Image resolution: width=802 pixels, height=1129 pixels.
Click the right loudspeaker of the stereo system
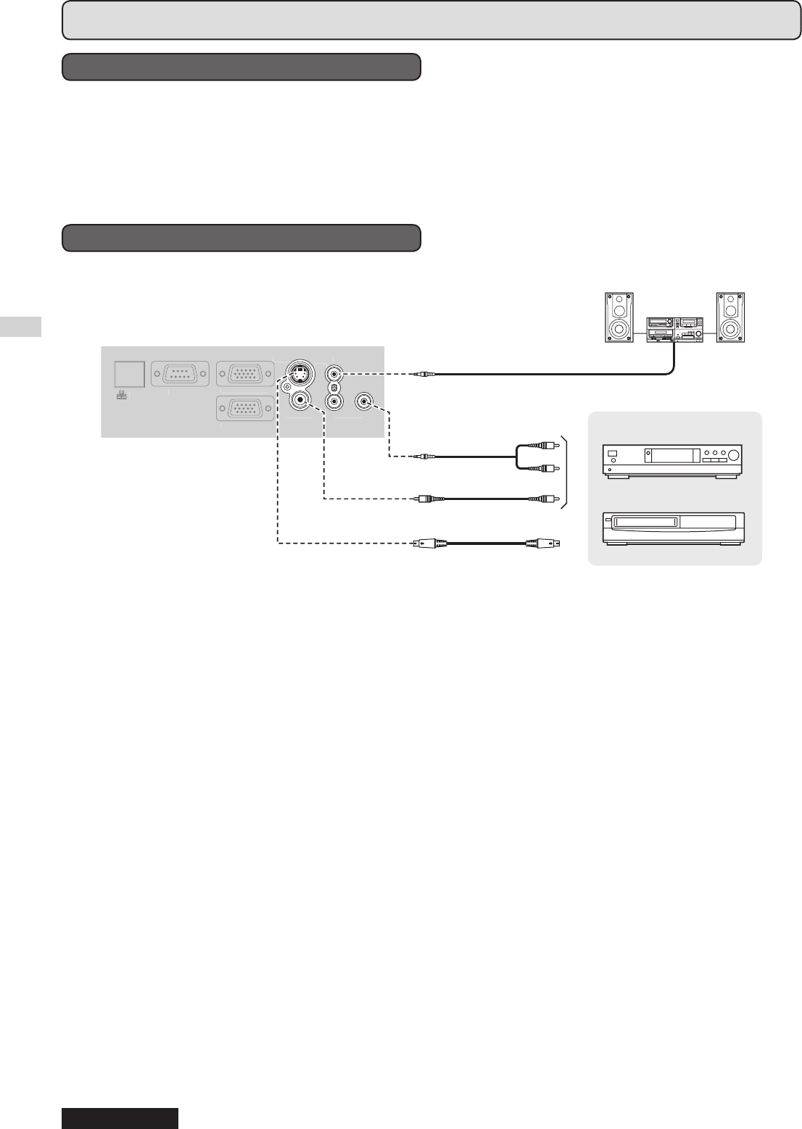(x=731, y=317)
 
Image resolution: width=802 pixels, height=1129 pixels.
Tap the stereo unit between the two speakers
(x=674, y=328)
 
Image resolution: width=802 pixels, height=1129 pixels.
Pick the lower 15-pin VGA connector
(x=245, y=409)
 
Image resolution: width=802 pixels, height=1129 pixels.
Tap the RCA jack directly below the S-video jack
(x=299, y=400)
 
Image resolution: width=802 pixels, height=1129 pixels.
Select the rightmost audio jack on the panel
(x=364, y=401)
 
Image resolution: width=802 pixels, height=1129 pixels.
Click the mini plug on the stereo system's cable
(x=423, y=374)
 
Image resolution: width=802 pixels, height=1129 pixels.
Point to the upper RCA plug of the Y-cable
(x=547, y=445)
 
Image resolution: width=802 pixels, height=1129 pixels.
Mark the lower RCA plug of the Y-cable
(x=547, y=469)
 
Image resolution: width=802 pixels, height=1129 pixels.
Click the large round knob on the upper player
(x=734, y=457)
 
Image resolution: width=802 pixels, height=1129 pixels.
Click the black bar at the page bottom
(x=120, y=1118)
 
